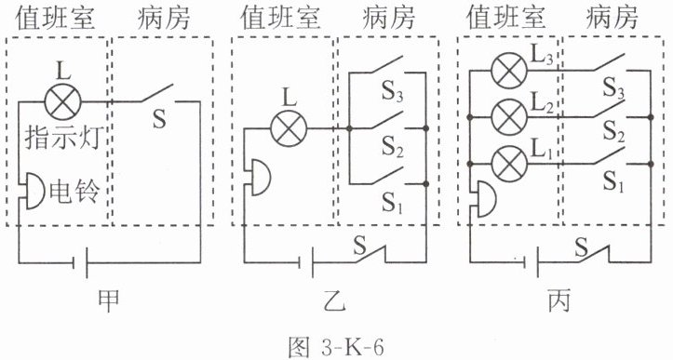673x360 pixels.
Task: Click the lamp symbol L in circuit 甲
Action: tap(63, 102)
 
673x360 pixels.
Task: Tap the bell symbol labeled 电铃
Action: tap(34, 191)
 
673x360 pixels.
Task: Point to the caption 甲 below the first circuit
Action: tap(109, 300)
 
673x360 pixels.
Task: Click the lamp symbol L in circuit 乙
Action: tap(289, 128)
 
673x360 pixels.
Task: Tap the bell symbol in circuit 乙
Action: tap(259, 178)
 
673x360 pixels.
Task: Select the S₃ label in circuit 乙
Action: tap(393, 93)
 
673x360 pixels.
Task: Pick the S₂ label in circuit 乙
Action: tap(393, 147)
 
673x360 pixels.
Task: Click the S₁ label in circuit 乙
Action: tap(393, 203)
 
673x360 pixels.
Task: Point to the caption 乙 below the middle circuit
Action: tap(334, 300)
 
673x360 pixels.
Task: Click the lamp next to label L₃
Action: tap(509, 70)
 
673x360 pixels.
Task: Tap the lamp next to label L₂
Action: tap(509, 116)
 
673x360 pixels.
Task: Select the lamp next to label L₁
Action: tap(509, 164)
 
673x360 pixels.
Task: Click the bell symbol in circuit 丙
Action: tap(484, 199)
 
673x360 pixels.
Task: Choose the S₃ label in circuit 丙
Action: tap(613, 88)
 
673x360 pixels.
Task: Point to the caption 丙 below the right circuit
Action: tap(559, 300)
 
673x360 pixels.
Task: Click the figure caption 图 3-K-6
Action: tap(336, 348)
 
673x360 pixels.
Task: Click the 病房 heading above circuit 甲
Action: tap(164, 18)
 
